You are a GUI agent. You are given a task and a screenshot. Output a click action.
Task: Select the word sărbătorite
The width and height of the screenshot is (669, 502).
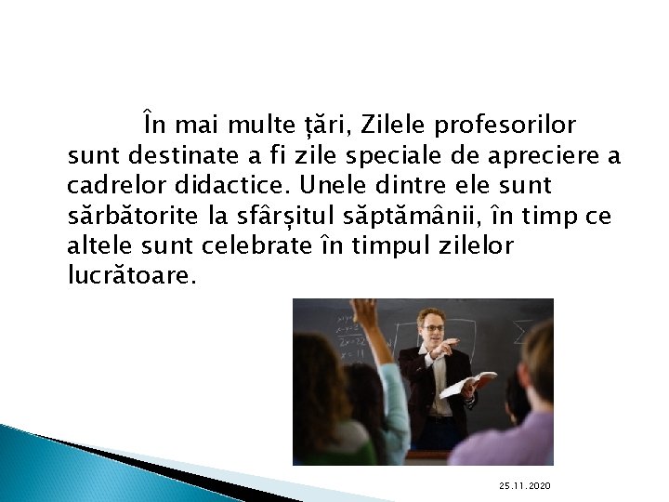click(x=127, y=216)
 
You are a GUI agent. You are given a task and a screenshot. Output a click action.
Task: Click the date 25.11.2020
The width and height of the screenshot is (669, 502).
click(x=524, y=486)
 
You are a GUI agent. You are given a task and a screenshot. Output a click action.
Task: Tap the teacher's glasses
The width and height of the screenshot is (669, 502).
click(x=432, y=327)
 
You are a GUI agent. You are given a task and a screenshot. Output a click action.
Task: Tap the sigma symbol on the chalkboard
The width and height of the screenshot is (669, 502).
click(x=523, y=332)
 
